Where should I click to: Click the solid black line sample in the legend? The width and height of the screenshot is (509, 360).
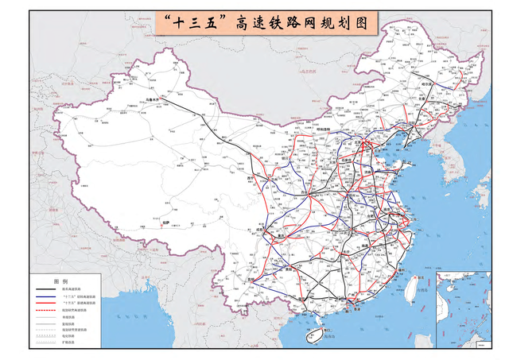click(x=45, y=289)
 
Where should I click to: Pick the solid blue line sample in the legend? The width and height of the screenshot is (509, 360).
click(x=45, y=296)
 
